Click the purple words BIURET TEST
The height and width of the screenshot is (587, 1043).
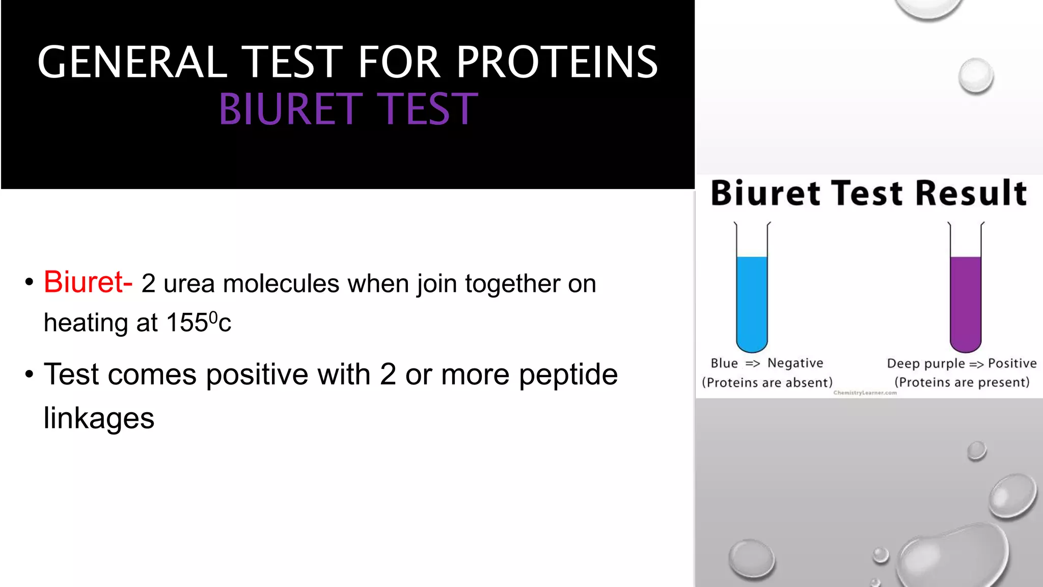click(x=348, y=109)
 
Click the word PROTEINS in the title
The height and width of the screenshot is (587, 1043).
click(x=557, y=62)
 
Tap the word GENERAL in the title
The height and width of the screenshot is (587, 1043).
click(x=132, y=62)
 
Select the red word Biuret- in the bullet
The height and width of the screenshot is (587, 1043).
click(x=88, y=282)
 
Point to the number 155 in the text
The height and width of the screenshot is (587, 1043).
click(x=186, y=323)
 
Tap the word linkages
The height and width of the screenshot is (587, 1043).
click(x=99, y=418)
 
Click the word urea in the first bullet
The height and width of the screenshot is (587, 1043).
click(x=189, y=284)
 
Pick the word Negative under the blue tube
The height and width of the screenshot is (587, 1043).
click(x=795, y=363)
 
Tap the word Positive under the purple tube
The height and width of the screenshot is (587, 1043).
click(x=1012, y=363)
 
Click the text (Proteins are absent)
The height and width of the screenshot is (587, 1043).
click(x=767, y=382)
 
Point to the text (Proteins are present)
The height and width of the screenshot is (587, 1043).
click(x=962, y=382)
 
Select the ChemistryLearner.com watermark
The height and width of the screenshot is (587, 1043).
click(x=865, y=393)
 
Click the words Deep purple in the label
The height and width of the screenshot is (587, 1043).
click(x=925, y=363)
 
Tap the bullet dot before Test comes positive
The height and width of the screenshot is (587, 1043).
click(x=29, y=375)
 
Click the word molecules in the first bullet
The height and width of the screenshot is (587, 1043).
click(x=281, y=284)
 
